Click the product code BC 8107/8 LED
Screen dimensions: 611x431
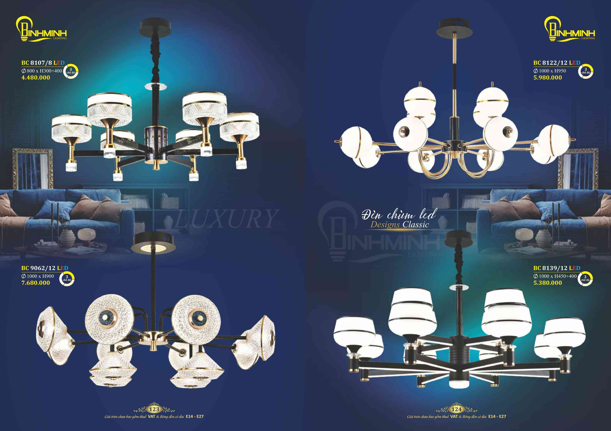pyautogui.click(x=43, y=63)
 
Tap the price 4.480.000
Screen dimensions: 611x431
pyautogui.click(x=36, y=77)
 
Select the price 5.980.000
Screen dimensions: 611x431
pyautogui.click(x=548, y=77)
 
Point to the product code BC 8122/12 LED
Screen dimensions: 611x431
pyautogui.click(x=557, y=63)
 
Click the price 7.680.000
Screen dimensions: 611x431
pyautogui.click(x=36, y=283)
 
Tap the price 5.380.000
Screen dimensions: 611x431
pyautogui.click(x=548, y=283)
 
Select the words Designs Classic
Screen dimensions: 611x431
pyautogui.click(x=400, y=224)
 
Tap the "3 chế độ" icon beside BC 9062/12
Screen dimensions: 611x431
pyautogui.click(x=67, y=278)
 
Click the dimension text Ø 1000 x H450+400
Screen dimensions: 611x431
pyautogui.click(x=555, y=276)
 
